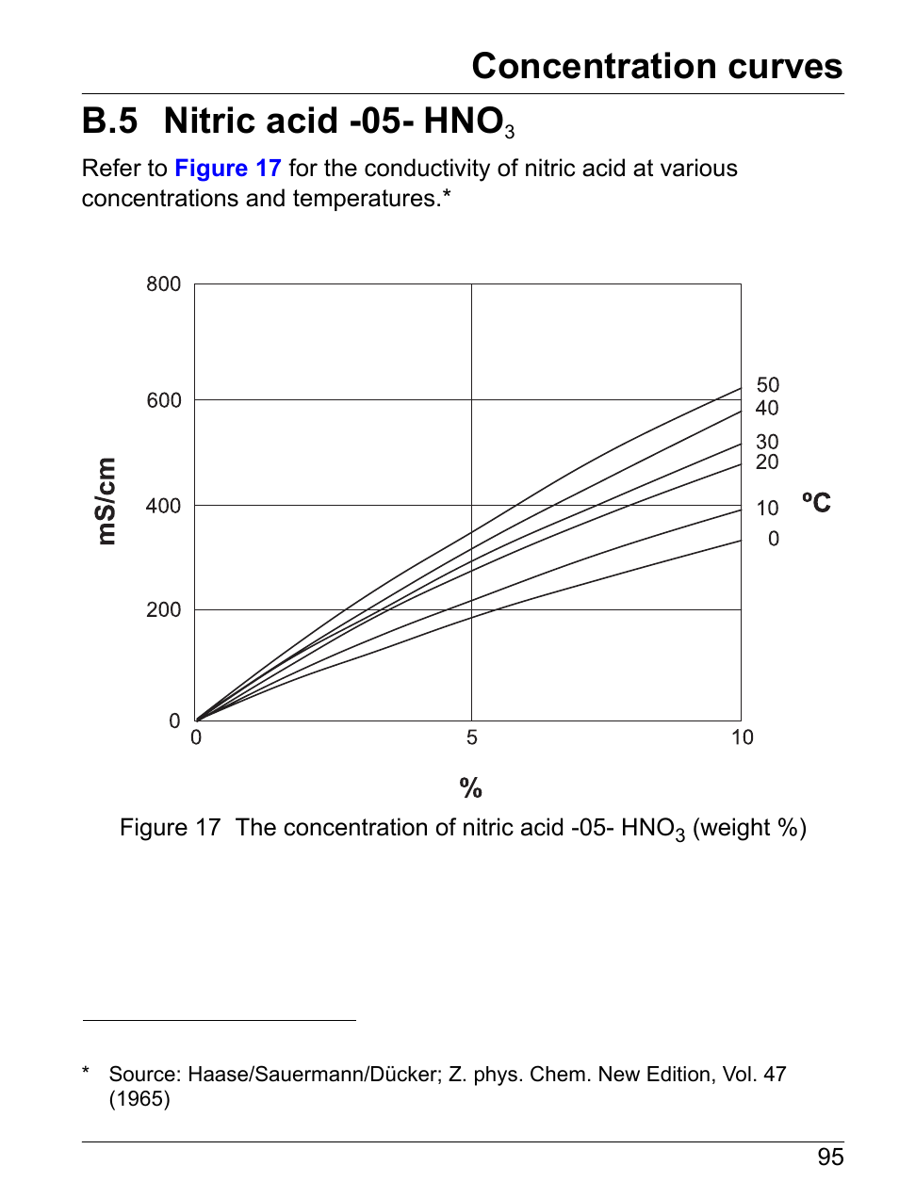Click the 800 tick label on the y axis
click(x=163, y=284)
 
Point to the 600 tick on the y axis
click(x=163, y=400)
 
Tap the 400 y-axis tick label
click(x=163, y=506)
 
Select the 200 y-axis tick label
click(x=163, y=610)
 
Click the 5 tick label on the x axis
click(x=471, y=737)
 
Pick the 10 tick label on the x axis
click(x=742, y=737)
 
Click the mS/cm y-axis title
click(x=106, y=501)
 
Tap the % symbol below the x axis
click(x=470, y=787)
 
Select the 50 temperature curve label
click(x=767, y=385)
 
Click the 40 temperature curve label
click(x=767, y=408)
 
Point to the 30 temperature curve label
click(x=767, y=442)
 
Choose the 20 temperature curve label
click(x=767, y=461)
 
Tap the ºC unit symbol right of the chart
click(x=816, y=502)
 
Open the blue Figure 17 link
click(x=228, y=169)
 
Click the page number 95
click(x=830, y=1158)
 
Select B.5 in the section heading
click(x=109, y=121)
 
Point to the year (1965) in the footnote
click(x=139, y=1099)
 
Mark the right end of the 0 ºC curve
click(x=740, y=541)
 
